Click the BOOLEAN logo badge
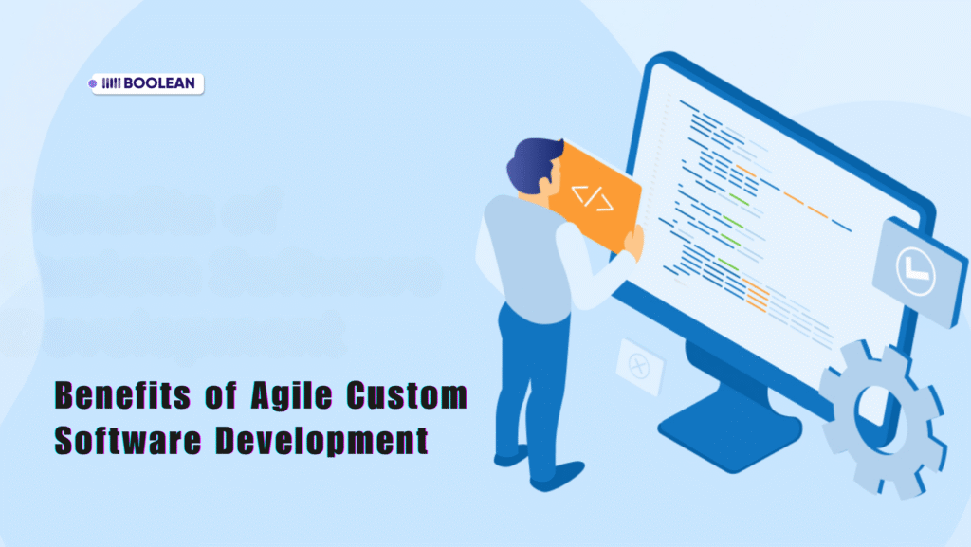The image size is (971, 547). pos(146,83)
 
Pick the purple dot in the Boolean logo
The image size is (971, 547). pos(93,83)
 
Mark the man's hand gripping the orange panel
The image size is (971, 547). pos(634,242)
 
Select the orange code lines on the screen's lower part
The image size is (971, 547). pos(758,296)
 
